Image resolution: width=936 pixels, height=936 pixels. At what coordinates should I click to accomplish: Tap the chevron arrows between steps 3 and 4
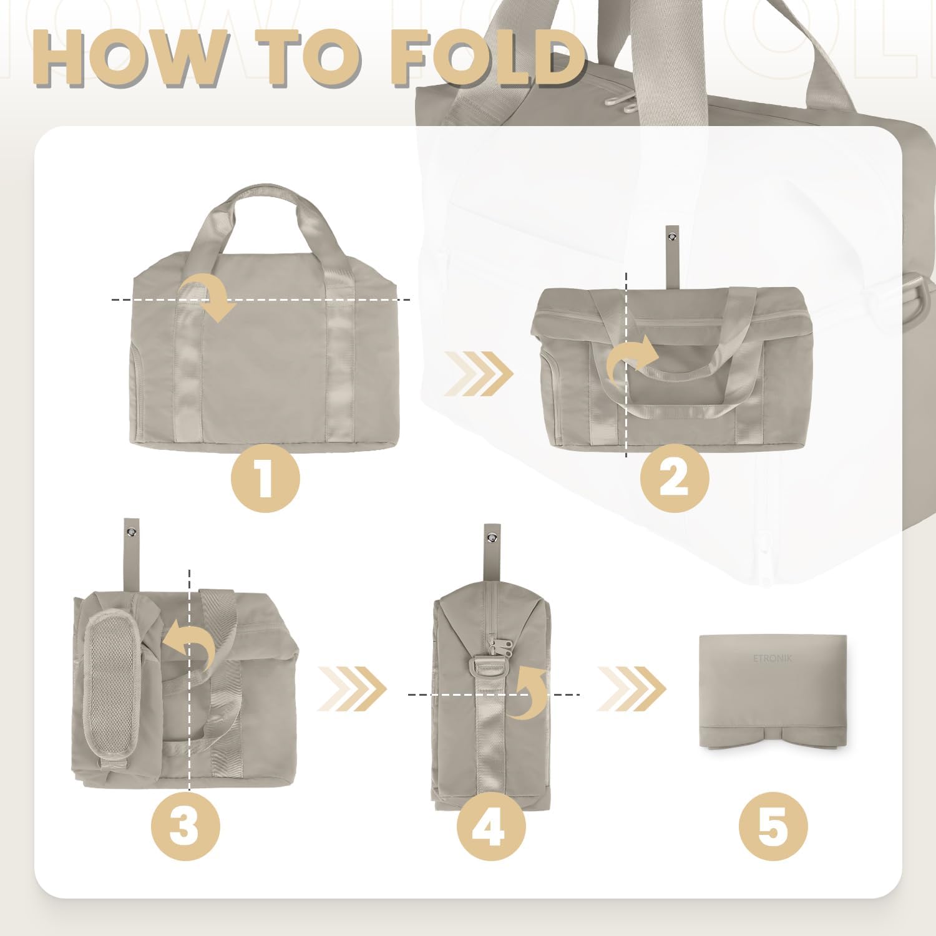[x=353, y=689]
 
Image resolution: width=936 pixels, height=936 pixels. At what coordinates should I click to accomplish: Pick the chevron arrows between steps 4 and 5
[x=631, y=689]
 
